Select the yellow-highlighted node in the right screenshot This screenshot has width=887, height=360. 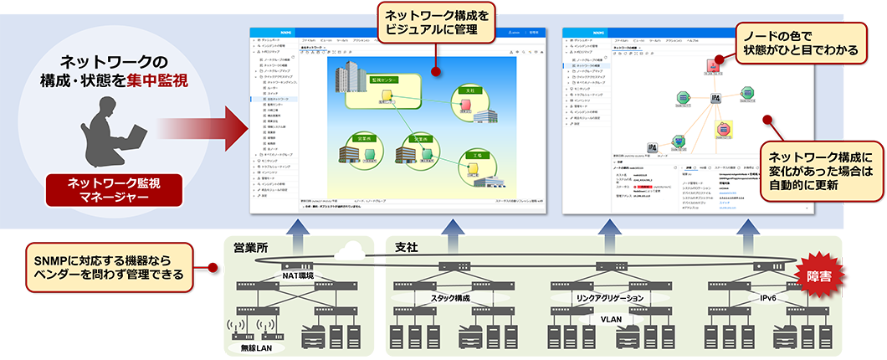(x=721, y=129)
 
